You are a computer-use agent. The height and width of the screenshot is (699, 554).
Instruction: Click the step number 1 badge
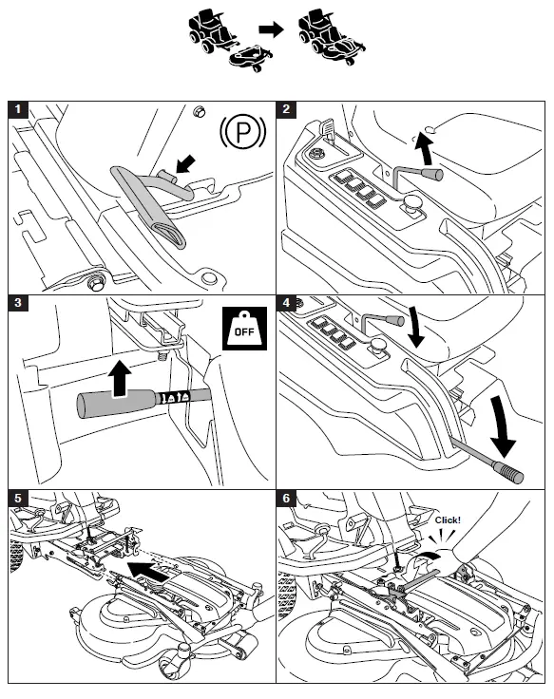[18, 109]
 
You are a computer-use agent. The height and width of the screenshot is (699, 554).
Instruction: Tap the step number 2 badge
[286, 109]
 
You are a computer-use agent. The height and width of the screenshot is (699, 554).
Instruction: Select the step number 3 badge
[18, 303]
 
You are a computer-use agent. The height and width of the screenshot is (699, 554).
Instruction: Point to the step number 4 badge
[286, 303]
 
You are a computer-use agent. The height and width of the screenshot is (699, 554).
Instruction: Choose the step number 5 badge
[18, 498]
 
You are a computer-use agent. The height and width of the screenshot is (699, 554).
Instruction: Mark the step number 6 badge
[286, 498]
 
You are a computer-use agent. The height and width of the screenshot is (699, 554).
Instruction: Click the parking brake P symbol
[243, 132]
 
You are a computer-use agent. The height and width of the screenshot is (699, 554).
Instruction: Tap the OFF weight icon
[244, 328]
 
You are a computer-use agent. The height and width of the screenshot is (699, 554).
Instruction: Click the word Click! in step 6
[448, 520]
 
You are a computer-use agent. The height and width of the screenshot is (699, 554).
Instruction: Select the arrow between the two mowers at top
[271, 29]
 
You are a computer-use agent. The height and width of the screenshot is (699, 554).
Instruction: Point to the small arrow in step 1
[186, 163]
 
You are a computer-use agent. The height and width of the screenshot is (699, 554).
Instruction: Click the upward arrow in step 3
[120, 379]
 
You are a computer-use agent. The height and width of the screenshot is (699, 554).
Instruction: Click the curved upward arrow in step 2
[423, 149]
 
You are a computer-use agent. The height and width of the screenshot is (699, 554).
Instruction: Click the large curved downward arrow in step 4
[503, 428]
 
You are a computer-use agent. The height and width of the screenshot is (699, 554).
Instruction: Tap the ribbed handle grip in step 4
[507, 472]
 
